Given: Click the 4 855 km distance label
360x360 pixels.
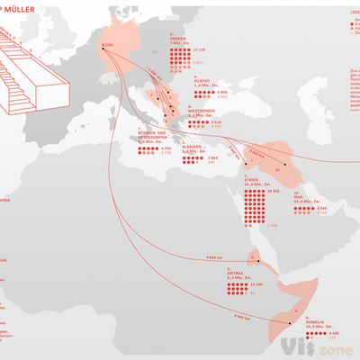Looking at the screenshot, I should [212, 258].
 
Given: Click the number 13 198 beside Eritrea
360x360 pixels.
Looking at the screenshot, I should [256, 283].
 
